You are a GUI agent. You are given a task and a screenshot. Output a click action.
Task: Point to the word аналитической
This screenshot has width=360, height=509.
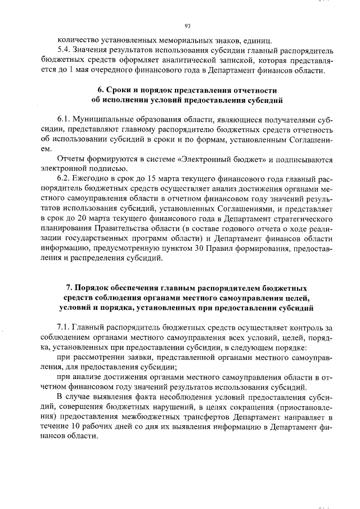pos(181,60)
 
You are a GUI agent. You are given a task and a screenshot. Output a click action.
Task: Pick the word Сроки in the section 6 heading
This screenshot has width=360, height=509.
pos(122,91)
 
